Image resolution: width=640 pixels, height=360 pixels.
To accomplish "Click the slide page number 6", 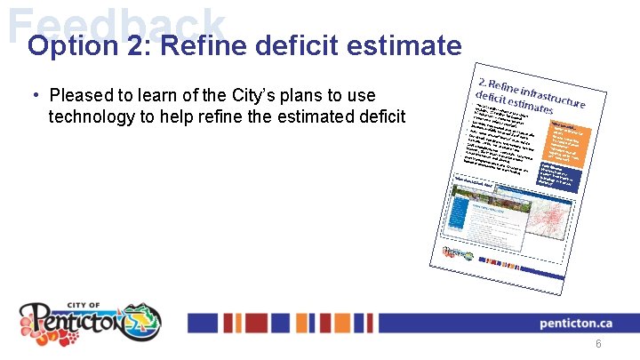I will (x=598, y=344).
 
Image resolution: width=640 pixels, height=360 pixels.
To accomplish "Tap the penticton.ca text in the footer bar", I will (x=577, y=324).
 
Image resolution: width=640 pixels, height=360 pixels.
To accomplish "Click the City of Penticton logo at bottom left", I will (x=90, y=321).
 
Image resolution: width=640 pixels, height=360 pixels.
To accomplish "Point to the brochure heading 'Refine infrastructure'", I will (x=533, y=87).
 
